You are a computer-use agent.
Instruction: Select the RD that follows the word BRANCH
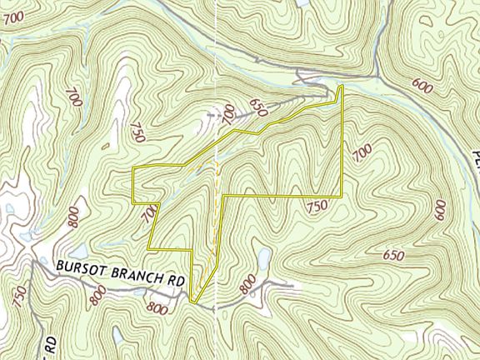coord(174,282)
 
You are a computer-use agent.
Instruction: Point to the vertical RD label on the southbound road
coord(51,343)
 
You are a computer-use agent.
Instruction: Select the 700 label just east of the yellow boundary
coord(362,153)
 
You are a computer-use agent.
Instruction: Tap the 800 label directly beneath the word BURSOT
coord(98,293)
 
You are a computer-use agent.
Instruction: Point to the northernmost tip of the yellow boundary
coord(342,86)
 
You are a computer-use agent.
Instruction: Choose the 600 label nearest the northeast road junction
coord(423,87)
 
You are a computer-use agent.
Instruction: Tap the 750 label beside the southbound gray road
coord(19,294)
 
